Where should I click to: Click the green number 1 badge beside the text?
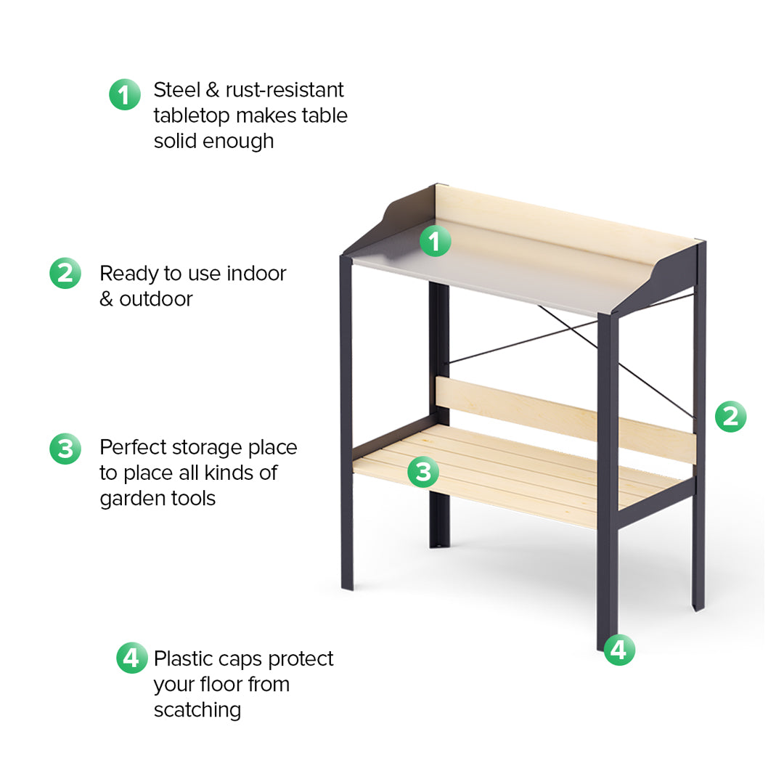click(x=125, y=94)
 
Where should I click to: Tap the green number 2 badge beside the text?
click(x=65, y=273)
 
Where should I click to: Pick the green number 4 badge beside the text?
click(x=131, y=658)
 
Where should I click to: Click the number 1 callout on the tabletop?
click(x=435, y=240)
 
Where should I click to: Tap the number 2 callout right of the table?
click(x=730, y=417)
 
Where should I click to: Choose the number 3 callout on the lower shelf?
click(x=422, y=472)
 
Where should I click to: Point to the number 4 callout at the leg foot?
click(x=618, y=650)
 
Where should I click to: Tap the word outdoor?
click(x=156, y=299)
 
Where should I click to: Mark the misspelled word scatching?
click(x=197, y=709)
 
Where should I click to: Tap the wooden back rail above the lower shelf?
click(x=566, y=418)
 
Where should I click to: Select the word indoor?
click(x=256, y=274)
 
